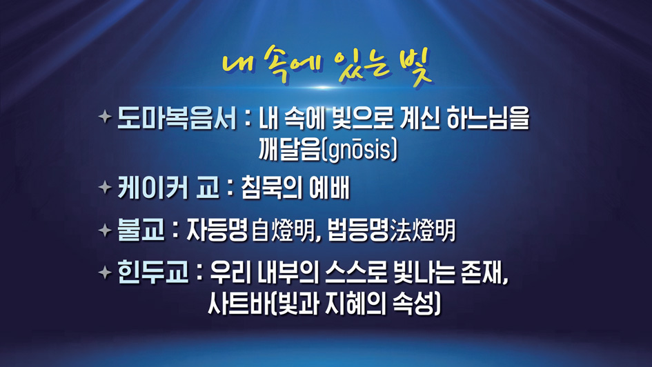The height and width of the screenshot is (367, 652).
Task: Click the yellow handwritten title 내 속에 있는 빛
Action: click(x=327, y=66)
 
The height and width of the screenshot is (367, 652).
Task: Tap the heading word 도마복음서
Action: click(x=177, y=118)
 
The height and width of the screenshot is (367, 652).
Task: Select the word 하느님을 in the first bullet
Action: click(x=488, y=119)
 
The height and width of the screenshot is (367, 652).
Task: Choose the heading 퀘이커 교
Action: click(x=168, y=188)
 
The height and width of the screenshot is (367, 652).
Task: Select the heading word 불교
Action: click(x=141, y=230)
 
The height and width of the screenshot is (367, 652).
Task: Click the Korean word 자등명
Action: click(x=217, y=230)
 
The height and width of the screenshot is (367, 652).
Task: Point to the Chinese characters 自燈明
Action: click(x=283, y=231)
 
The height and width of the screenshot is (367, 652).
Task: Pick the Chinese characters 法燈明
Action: click(x=423, y=231)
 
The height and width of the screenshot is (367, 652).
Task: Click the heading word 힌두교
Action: click(x=153, y=272)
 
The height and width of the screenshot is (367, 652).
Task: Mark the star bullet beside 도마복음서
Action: click(x=105, y=116)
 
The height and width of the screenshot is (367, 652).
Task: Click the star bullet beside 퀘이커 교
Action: click(x=105, y=187)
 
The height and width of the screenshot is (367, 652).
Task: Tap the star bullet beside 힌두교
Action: click(x=105, y=272)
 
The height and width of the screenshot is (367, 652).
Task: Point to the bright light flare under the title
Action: click(x=324, y=88)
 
